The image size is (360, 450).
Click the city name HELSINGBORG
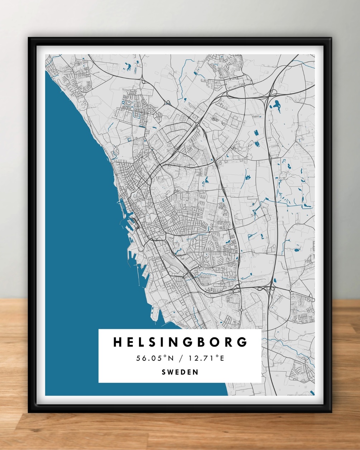(180, 342)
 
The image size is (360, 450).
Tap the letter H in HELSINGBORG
(117, 342)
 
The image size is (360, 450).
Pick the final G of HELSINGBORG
(243, 342)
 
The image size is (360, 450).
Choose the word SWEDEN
(180, 372)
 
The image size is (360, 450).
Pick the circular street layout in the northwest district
(126, 103)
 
